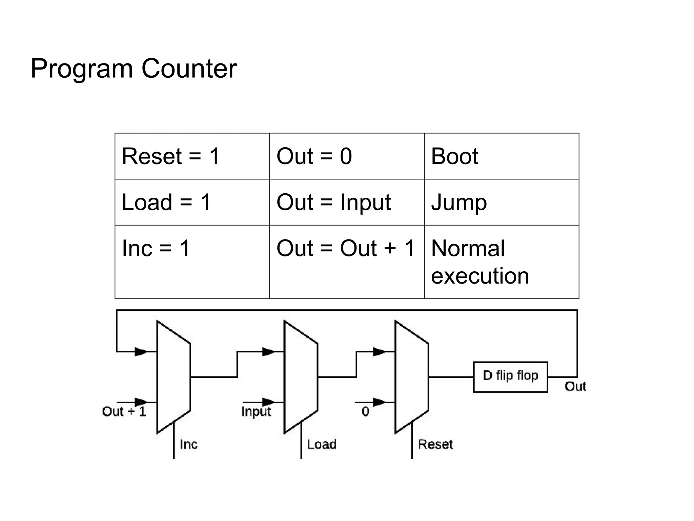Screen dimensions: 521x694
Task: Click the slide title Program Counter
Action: (x=134, y=69)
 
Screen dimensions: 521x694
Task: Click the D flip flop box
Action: (x=510, y=377)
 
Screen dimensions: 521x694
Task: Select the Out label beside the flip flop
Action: (x=575, y=386)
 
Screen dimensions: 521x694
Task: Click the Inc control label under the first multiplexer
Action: (x=188, y=444)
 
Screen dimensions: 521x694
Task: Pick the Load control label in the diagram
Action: (x=322, y=444)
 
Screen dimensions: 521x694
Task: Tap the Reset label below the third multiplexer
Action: (x=435, y=444)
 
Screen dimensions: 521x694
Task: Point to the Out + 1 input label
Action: (x=124, y=411)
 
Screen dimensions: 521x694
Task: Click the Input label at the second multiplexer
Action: (x=256, y=411)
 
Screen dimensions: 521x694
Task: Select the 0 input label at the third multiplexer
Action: (x=365, y=411)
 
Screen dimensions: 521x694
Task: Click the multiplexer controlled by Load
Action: (x=301, y=377)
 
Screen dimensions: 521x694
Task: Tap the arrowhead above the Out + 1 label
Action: (x=141, y=402)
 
